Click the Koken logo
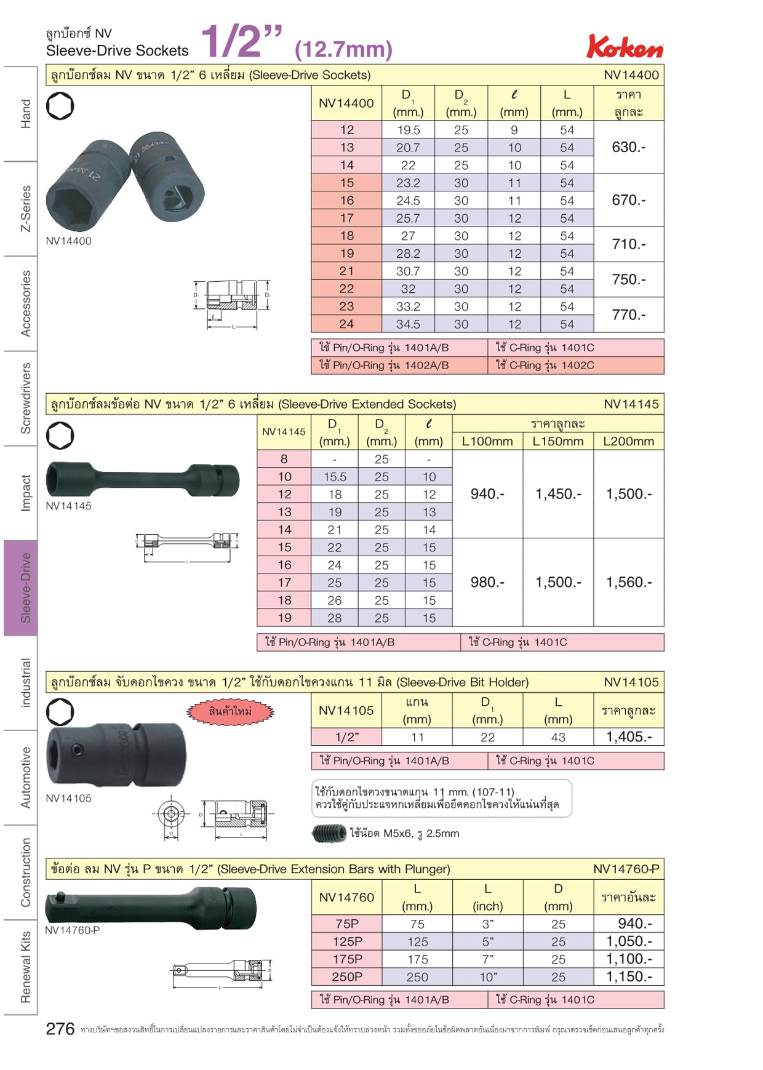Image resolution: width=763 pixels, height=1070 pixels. [x=625, y=46]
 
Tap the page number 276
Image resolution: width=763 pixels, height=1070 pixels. [x=60, y=1028]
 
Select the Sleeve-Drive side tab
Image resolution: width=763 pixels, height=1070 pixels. [x=21, y=588]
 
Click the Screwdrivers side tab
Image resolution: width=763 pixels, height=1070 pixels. [x=25, y=398]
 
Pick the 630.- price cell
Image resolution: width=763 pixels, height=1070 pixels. [x=629, y=147]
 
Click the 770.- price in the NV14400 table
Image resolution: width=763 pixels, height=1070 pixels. [x=629, y=314]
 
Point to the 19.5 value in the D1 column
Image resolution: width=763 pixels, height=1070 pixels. [x=409, y=130]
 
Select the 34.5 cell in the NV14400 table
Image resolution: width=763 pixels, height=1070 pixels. [x=409, y=324]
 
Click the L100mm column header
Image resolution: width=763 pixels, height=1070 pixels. [x=487, y=441]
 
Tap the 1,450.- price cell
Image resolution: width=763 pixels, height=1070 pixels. [x=558, y=494]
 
